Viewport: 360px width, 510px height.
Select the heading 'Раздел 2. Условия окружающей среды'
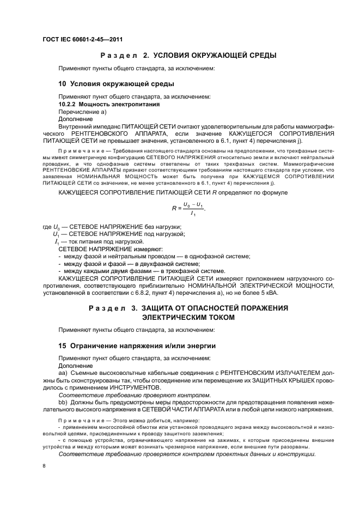pos(188,56)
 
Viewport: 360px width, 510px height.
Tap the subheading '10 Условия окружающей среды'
pos(116,84)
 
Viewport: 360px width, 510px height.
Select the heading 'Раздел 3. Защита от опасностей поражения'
pos(188,308)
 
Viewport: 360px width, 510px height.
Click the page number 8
pos(45,466)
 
